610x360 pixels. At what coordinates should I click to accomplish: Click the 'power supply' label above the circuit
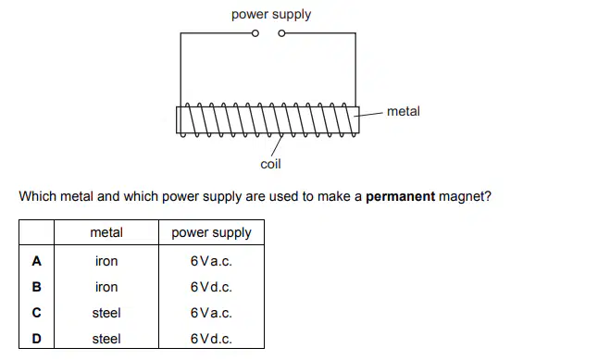click(271, 15)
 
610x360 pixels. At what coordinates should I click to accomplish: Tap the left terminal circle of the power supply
click(255, 33)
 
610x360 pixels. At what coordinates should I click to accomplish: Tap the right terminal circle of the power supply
click(281, 33)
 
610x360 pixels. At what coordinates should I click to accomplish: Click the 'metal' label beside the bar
click(404, 112)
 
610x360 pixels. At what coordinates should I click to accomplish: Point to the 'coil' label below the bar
click(271, 164)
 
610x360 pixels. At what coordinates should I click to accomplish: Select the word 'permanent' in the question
click(400, 196)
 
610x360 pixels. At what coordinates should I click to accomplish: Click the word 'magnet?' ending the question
click(465, 196)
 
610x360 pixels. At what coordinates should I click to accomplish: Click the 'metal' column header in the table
click(106, 232)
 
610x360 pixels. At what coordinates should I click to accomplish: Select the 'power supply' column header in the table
click(211, 233)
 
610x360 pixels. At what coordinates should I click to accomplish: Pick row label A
click(37, 261)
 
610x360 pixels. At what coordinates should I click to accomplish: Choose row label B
click(37, 287)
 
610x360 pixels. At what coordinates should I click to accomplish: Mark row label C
click(37, 313)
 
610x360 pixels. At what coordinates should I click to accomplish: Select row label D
click(37, 339)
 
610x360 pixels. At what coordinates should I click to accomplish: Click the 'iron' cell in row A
click(106, 261)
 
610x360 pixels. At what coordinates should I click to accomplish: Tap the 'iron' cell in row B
click(106, 287)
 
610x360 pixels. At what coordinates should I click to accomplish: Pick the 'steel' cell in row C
click(106, 313)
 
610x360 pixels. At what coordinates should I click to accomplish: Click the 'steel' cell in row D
click(106, 339)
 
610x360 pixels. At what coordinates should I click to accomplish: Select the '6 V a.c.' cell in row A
click(211, 261)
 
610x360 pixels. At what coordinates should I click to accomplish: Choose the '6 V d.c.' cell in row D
click(211, 339)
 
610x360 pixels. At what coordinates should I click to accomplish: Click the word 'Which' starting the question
click(37, 196)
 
